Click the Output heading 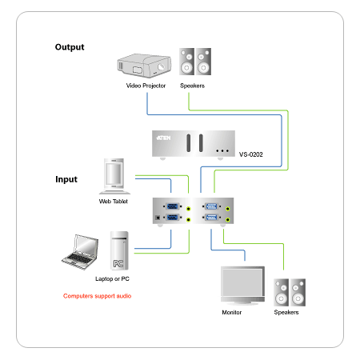(x=70, y=47)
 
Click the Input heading (x=66, y=179)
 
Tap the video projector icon (x=144, y=66)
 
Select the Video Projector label (x=146, y=86)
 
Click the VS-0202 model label (x=251, y=154)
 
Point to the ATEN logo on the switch (x=163, y=138)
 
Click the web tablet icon (x=114, y=176)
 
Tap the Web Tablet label (x=114, y=202)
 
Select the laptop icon (x=80, y=252)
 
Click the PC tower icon (x=119, y=250)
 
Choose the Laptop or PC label (x=112, y=279)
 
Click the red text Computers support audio (x=97, y=296)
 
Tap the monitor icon (x=242, y=286)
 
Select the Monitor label (x=232, y=312)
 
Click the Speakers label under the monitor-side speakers (x=286, y=312)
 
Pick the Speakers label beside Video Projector (x=192, y=86)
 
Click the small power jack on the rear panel (x=158, y=218)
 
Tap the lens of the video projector (x=161, y=66)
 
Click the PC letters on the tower (x=118, y=264)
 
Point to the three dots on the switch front (x=222, y=151)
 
